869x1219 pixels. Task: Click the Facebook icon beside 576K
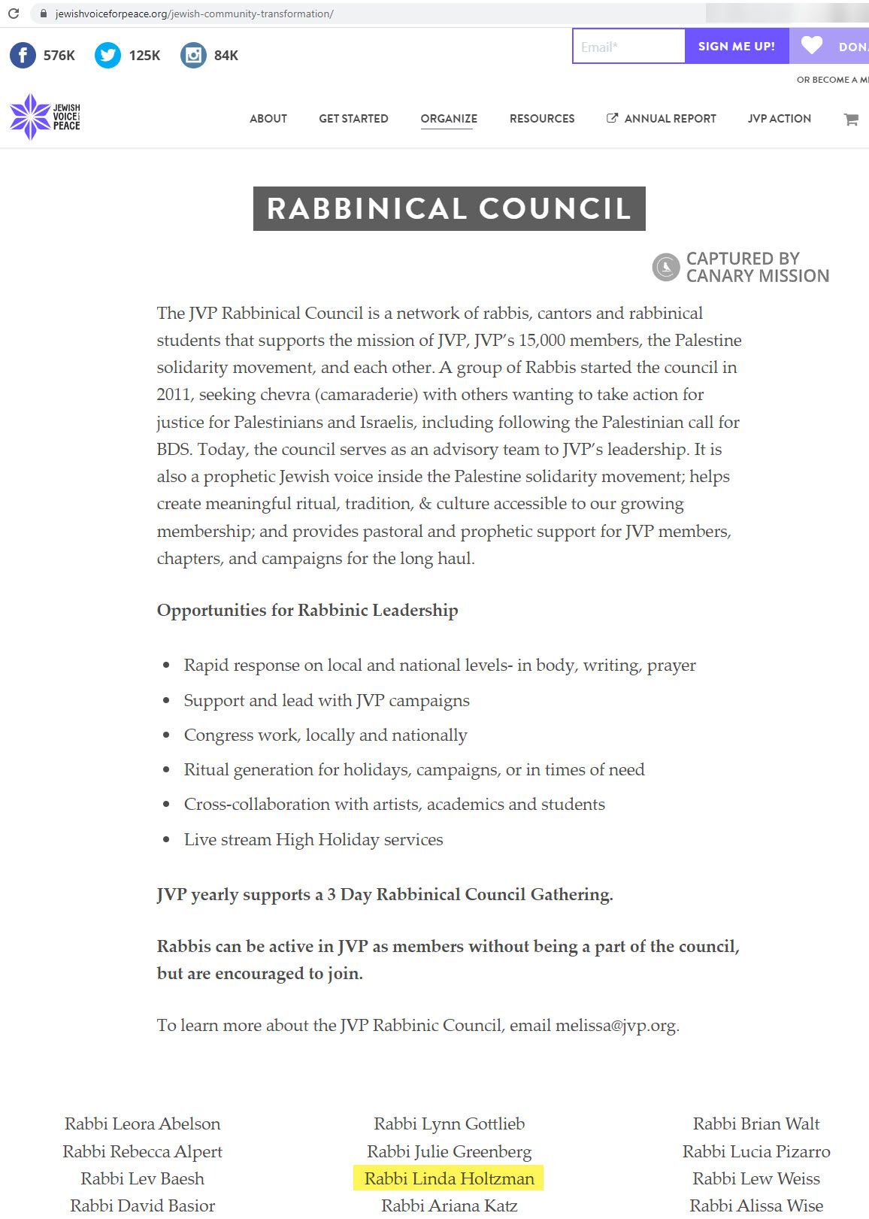(x=23, y=56)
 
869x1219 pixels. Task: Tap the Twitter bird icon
(x=107, y=56)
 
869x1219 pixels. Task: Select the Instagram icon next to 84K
(x=193, y=56)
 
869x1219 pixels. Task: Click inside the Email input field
(x=628, y=47)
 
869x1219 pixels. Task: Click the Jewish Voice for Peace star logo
(x=30, y=117)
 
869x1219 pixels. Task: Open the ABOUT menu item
(x=268, y=119)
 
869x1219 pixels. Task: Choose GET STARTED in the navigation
(x=353, y=119)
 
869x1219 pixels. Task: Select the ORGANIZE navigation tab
(x=449, y=119)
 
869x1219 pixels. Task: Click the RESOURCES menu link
(x=542, y=119)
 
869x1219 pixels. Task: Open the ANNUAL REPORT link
(x=662, y=119)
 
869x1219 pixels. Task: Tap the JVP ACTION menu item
(x=779, y=119)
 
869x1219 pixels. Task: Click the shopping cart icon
(x=851, y=119)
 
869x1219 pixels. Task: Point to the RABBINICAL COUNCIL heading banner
(x=449, y=208)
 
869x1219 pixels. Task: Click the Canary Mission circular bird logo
(x=666, y=267)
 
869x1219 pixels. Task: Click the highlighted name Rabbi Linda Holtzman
(x=449, y=1178)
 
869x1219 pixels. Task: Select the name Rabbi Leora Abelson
(x=142, y=1124)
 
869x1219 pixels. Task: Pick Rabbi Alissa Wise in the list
(x=756, y=1205)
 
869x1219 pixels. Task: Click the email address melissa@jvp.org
(x=616, y=1026)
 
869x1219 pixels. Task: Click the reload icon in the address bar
(x=14, y=14)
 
